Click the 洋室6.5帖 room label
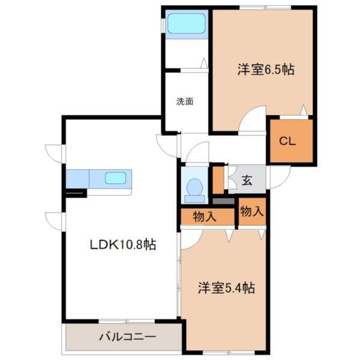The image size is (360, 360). tap(265, 69)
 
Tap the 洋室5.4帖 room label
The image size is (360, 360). tap(227, 288)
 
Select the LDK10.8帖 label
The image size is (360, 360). tap(123, 245)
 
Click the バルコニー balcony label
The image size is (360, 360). tap(127, 337)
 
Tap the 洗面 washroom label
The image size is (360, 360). tap(184, 101)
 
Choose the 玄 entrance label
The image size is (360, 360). tap(247, 179)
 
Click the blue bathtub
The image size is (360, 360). tap(186, 25)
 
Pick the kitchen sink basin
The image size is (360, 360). tap(116, 178)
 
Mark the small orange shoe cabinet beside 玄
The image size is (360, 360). tap(218, 179)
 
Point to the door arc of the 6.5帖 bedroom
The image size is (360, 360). tap(253, 118)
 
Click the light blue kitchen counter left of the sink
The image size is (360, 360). tap(77, 179)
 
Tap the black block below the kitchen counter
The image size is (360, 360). tap(76, 193)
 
